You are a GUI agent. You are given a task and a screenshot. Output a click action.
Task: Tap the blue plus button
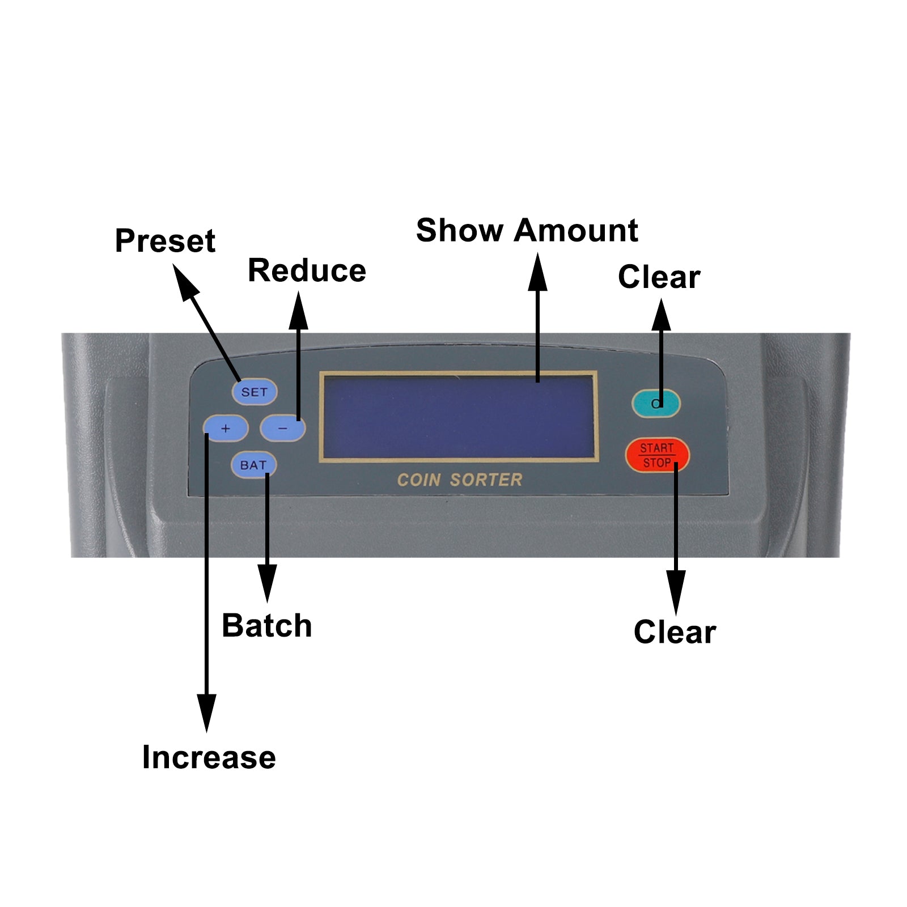226,429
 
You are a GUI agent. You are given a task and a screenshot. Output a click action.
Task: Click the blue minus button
282,429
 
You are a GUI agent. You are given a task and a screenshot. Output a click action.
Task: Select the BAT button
253,465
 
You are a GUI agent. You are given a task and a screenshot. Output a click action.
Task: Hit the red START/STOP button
657,455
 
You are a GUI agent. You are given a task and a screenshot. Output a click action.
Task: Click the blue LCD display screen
459,417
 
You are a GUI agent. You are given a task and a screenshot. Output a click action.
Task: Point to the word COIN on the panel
419,480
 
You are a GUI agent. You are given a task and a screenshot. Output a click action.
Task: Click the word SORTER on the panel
486,480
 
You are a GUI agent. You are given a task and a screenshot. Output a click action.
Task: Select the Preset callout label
165,241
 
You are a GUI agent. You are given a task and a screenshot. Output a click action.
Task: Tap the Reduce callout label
307,270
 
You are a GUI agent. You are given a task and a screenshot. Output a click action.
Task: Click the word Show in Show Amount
460,231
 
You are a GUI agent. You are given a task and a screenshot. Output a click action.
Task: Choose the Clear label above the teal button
659,277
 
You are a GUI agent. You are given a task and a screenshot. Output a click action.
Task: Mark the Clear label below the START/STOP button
675,632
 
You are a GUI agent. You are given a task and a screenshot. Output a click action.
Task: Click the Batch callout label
266,626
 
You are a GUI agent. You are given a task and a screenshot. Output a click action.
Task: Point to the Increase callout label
209,757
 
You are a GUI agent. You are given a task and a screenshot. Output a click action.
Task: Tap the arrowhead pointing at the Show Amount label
537,272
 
